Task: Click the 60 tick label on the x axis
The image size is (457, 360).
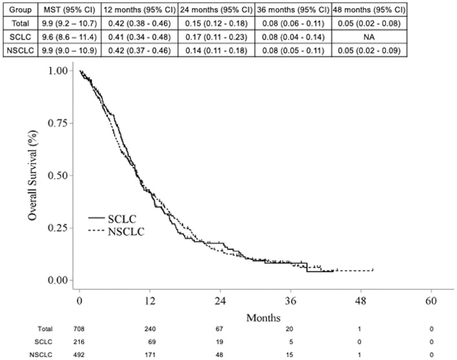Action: (x=431, y=301)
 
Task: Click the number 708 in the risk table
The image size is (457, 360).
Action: (x=80, y=330)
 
